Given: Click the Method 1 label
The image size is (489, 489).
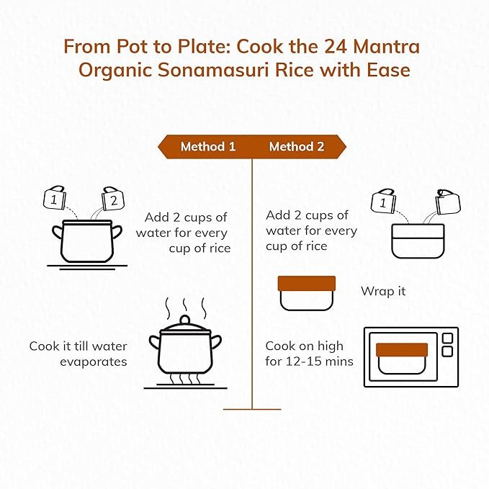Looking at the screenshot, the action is click(208, 147).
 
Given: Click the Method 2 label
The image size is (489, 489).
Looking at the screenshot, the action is click(297, 147).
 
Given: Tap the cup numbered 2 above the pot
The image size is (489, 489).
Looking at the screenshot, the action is click(113, 199).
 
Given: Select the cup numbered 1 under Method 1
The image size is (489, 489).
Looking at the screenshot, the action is click(55, 198).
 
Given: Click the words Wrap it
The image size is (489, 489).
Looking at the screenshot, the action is click(383, 291).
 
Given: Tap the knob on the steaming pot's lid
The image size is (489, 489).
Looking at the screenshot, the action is click(185, 320).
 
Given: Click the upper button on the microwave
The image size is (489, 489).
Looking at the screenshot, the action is click(447, 338).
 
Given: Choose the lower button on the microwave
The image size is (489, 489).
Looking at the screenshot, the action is click(447, 351).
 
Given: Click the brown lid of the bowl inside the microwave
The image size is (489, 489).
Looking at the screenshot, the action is click(402, 350).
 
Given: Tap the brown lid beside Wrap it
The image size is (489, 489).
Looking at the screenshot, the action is click(307, 284).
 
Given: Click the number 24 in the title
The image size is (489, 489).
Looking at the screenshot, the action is click(336, 47).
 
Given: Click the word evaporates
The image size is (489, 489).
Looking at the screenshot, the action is click(94, 362).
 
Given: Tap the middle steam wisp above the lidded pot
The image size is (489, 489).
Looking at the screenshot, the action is click(185, 305).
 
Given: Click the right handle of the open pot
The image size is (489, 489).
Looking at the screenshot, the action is click(117, 232).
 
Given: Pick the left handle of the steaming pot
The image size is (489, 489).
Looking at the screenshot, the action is click(155, 342).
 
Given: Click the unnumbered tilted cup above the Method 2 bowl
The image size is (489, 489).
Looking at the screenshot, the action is click(449, 202).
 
